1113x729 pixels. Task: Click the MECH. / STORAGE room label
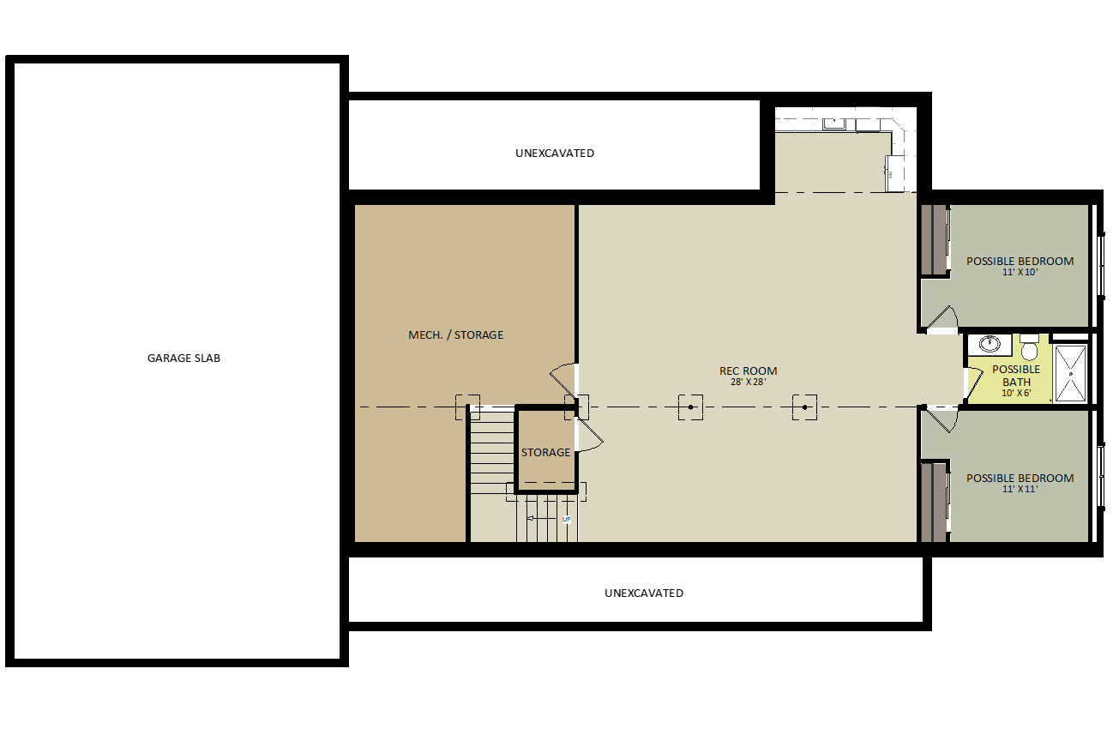tap(455, 334)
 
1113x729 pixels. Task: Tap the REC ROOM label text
tap(748, 371)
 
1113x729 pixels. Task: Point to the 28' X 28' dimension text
tap(748, 383)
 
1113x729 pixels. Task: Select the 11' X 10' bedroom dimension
tap(1020, 273)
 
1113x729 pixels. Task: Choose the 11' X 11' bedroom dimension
tap(1020, 490)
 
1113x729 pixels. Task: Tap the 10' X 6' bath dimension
tap(1016, 394)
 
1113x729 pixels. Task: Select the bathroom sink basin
tap(990, 344)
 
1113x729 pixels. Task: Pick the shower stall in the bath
tap(1070, 373)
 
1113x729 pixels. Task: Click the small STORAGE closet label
tap(545, 452)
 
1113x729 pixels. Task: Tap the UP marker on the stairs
tap(566, 520)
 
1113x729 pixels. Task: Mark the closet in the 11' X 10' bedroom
tap(934, 240)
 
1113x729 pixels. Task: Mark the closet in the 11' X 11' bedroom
tap(934, 502)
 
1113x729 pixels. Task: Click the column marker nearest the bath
tap(804, 407)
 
